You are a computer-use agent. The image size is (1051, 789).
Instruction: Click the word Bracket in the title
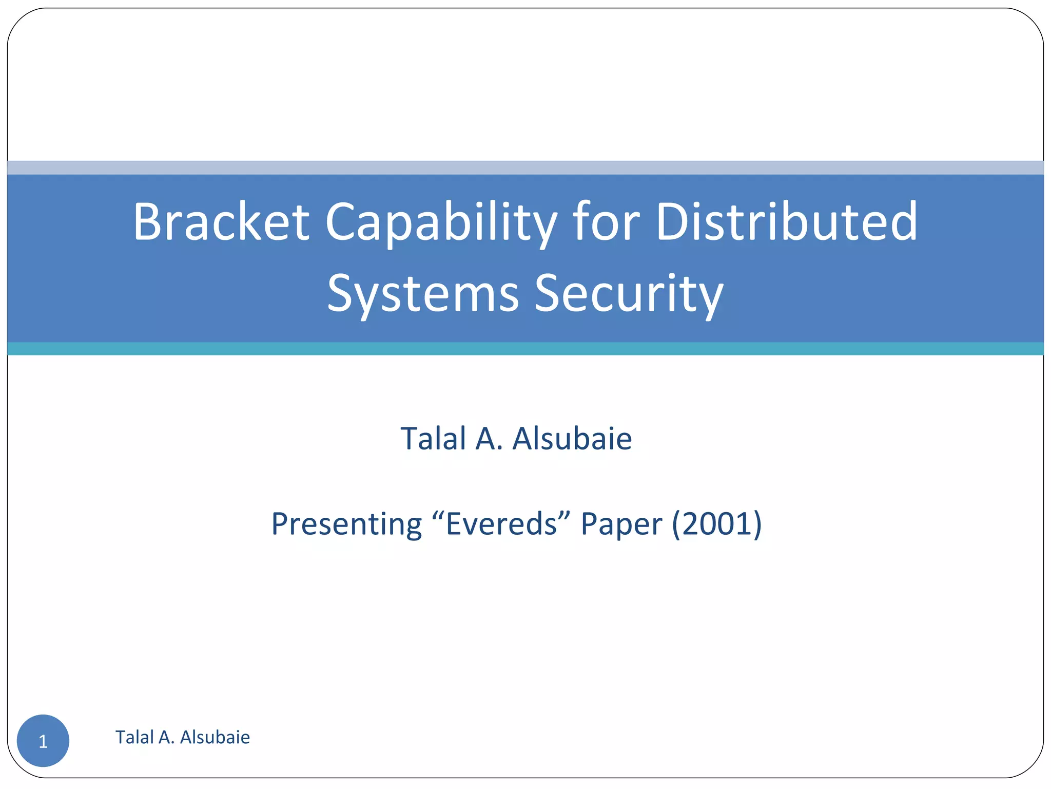[221, 222]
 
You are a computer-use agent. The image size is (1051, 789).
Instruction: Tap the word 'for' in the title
[606, 222]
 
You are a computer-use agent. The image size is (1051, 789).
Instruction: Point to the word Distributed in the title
[786, 222]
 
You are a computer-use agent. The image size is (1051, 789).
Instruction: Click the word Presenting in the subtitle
[346, 524]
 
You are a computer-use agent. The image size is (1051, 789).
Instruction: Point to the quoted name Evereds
[502, 524]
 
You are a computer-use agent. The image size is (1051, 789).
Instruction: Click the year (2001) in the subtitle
[716, 524]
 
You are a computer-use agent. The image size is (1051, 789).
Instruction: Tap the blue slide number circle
[43, 741]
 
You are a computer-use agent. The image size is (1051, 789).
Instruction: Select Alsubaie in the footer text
[215, 737]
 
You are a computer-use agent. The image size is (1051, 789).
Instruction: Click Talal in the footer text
[133, 737]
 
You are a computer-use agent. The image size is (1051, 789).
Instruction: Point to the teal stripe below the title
[525, 349]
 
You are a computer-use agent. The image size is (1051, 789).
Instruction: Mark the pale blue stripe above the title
[525, 167]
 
